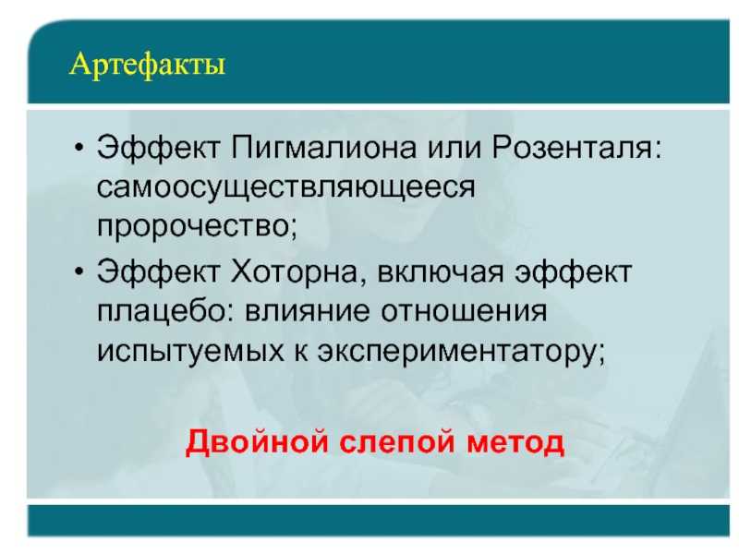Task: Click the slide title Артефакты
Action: pyautogui.click(x=147, y=65)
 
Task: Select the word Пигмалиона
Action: pyautogui.click(x=324, y=147)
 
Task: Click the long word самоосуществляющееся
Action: pyautogui.click(x=285, y=188)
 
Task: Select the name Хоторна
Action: pyautogui.click(x=294, y=271)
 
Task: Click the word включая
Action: pyautogui.click(x=441, y=272)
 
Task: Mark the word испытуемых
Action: pyautogui.click(x=190, y=352)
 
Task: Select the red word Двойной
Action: pyautogui.click(x=257, y=442)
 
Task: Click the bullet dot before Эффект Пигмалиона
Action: pyautogui.click(x=79, y=148)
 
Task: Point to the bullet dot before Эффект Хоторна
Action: pyautogui.click(x=79, y=271)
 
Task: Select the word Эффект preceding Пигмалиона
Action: pyautogui.click(x=158, y=147)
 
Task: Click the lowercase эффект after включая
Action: pyautogui.click(x=573, y=272)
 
